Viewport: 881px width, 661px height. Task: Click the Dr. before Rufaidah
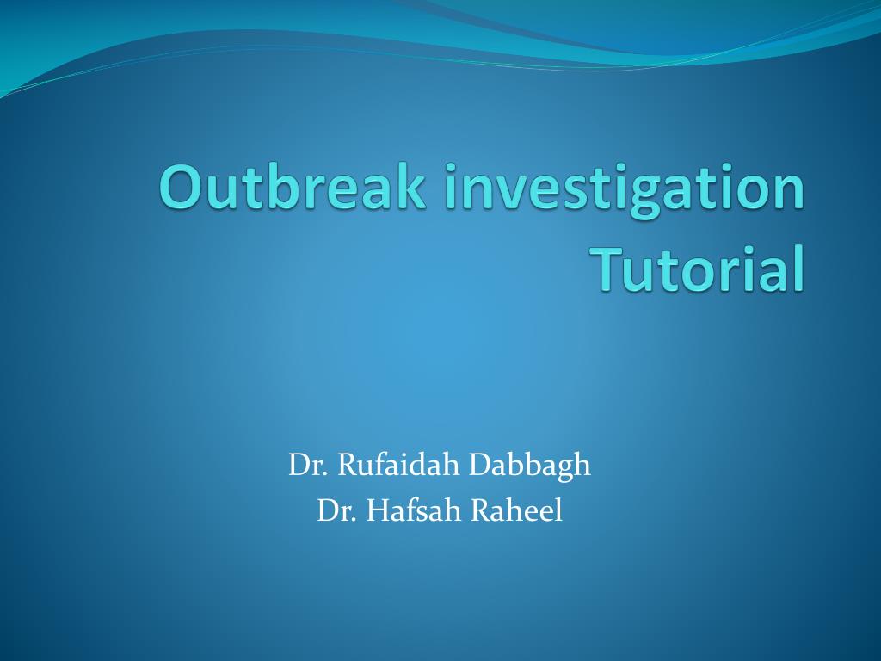[x=309, y=466]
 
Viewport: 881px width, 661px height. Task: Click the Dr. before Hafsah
[x=337, y=511]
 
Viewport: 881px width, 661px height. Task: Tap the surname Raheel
[x=516, y=511]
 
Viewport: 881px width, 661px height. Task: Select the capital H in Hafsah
[x=379, y=511]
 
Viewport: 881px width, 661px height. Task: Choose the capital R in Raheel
[x=481, y=511]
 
